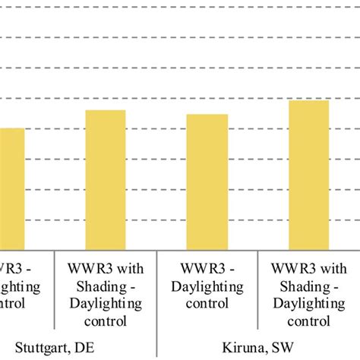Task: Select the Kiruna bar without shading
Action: [x=207, y=182]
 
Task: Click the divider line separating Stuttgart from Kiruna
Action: [x=156, y=304]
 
